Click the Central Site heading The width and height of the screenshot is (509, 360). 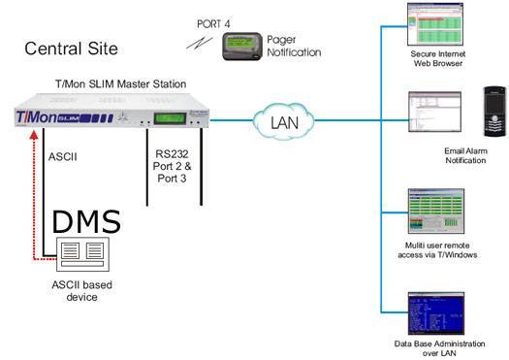71,48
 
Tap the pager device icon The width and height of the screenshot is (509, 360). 242,45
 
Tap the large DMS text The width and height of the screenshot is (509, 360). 86,221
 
